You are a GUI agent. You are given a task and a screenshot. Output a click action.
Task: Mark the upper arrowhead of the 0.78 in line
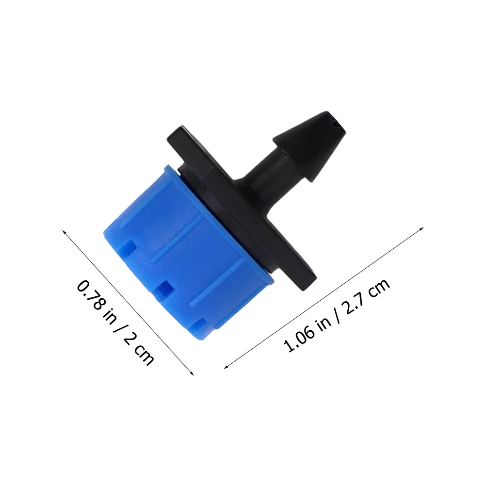(64, 231)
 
